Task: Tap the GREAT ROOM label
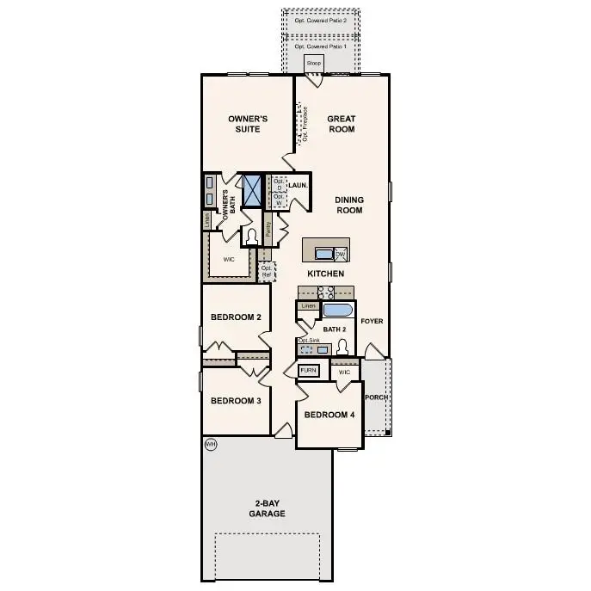(341, 124)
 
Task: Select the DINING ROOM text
(349, 205)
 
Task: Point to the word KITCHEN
(326, 274)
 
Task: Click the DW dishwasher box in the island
(341, 254)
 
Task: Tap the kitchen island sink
(323, 253)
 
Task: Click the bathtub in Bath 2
(336, 311)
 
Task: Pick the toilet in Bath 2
(343, 347)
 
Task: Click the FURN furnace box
(309, 370)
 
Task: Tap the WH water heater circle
(210, 444)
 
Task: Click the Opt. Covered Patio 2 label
(321, 20)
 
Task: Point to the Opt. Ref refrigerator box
(267, 272)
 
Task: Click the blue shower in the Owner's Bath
(252, 190)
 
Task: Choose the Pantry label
(268, 228)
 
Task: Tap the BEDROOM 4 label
(329, 415)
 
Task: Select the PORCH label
(375, 397)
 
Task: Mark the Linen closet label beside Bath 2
(308, 305)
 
